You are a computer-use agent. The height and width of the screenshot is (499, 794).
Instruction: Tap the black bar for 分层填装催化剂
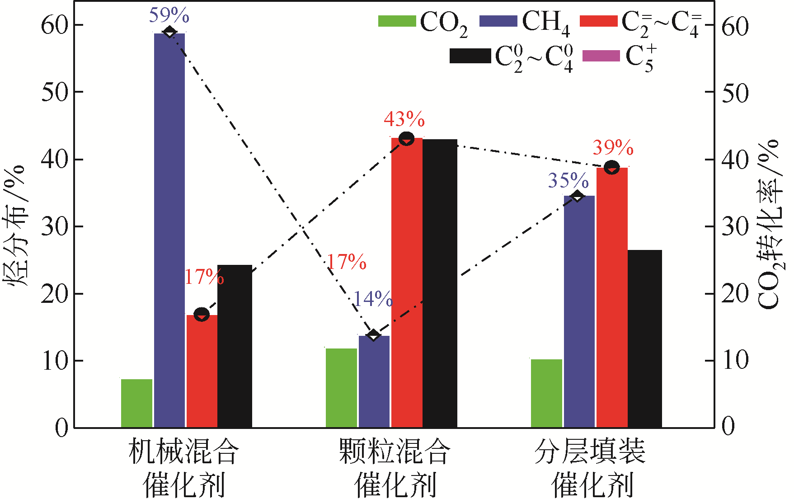645,339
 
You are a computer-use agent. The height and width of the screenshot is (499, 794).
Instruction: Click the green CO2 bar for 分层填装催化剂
546,393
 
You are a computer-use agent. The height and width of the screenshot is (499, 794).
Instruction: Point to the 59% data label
169,16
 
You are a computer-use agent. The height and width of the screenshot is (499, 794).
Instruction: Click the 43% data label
404,120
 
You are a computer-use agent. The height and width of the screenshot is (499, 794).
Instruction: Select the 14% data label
373,299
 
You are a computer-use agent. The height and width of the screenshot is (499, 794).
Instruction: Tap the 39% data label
613,148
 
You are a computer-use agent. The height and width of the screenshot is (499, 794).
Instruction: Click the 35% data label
568,181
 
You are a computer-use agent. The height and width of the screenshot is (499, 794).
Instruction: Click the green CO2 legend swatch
397,21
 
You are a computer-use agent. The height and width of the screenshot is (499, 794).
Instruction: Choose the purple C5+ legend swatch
601,56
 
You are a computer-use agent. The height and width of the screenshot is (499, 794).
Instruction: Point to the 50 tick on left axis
55,92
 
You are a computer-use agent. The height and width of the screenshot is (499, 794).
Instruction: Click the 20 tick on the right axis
735,294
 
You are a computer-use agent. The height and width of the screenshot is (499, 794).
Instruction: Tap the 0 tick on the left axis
61,428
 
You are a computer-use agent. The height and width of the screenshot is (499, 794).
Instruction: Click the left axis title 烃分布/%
16,226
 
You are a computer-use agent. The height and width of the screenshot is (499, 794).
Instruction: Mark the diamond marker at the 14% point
373,335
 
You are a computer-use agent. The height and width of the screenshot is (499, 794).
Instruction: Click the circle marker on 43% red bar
407,138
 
